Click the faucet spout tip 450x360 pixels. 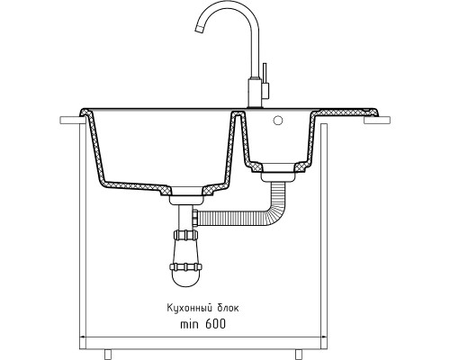tap(199, 28)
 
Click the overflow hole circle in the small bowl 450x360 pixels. tap(278, 121)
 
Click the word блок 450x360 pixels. tap(227, 308)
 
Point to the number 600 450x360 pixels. tap(215, 324)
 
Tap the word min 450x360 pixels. tap(189, 324)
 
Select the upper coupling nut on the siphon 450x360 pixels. tap(186, 235)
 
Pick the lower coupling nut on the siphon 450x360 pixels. tap(185, 266)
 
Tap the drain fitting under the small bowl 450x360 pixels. tap(277, 176)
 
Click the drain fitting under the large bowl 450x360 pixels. tap(185, 200)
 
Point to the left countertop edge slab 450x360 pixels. tap(70, 120)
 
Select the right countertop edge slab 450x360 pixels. tap(377, 120)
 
